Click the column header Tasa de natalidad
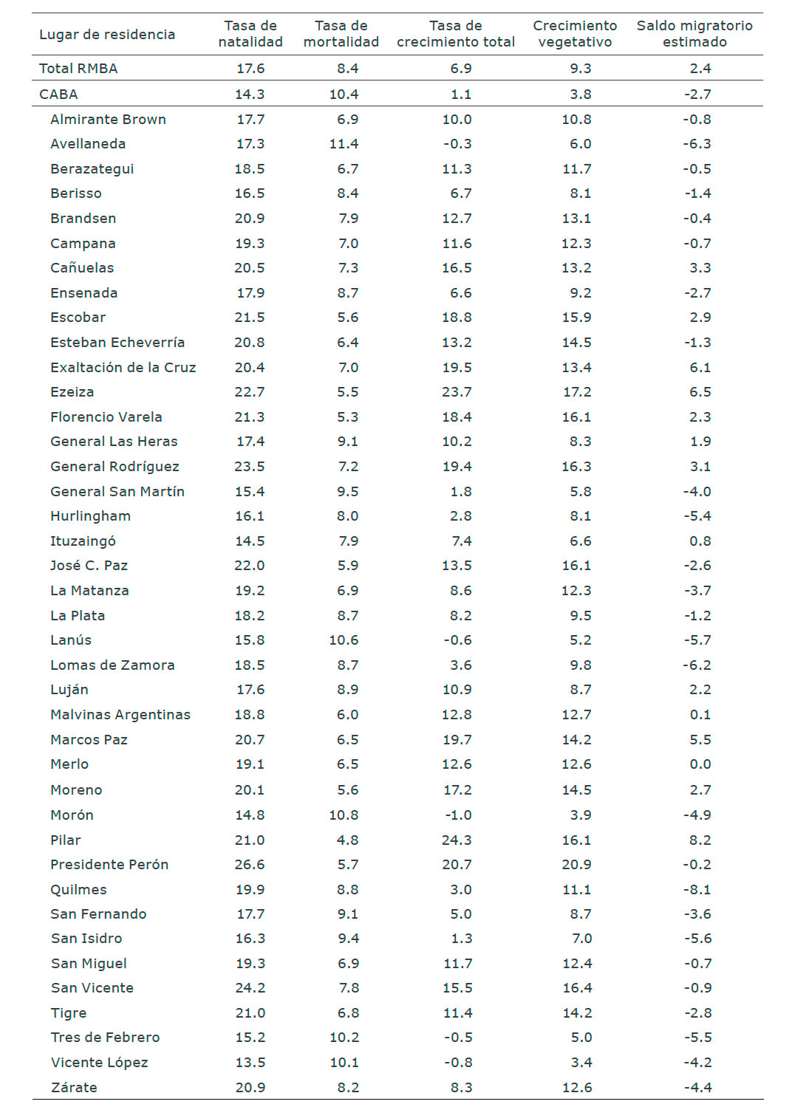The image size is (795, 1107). pos(250,34)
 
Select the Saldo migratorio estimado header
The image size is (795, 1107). pos(695,34)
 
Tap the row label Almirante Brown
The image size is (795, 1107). pos(108,120)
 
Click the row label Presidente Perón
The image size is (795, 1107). pos(109,865)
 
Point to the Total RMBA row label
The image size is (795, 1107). pos(78,69)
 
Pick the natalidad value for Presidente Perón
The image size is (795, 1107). pos(250,865)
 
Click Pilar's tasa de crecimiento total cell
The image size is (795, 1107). pos(457,840)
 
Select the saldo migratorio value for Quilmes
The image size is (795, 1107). pos(697,890)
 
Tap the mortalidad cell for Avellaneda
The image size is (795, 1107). pos(344,144)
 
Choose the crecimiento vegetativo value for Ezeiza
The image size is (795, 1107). pos(576,392)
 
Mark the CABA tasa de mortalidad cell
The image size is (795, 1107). pos(344,95)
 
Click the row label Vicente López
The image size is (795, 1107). pos(99,1063)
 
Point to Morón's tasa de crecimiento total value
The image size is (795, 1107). pos(458,815)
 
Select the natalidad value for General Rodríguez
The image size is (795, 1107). pos(250,467)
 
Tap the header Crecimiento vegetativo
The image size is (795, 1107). pos(575,34)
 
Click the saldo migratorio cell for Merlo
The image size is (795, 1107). pos(700,764)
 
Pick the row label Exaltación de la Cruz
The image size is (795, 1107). pos(123,368)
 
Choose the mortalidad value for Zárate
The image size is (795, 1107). pos(347,1088)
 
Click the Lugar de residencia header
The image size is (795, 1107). pos(107,35)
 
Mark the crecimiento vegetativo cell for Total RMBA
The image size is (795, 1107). pos(580,69)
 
